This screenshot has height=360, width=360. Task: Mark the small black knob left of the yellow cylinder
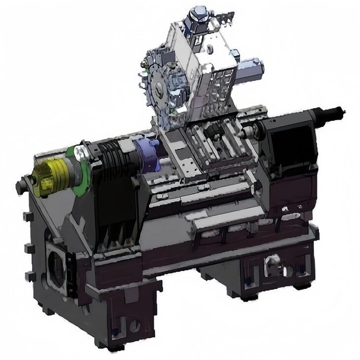coord(21,186)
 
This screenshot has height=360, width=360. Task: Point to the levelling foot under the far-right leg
coord(302,286)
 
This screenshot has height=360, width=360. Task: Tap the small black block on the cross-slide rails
coord(215,133)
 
